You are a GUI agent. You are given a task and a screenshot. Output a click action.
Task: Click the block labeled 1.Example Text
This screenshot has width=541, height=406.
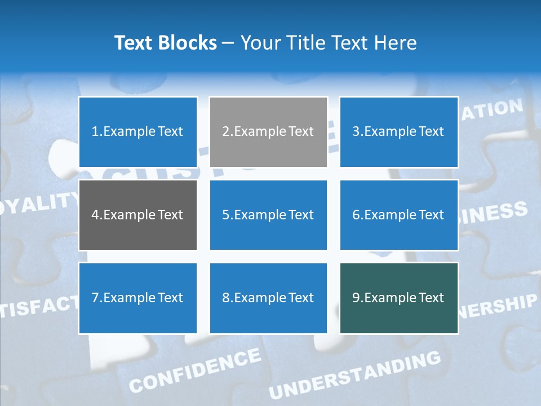[x=138, y=132]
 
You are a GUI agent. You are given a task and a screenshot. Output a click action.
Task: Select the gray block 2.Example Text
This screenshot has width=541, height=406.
[x=268, y=132]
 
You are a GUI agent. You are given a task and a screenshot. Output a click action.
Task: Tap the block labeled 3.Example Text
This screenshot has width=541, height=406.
[x=398, y=132]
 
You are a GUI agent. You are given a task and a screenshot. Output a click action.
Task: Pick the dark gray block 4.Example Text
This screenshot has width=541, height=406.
[x=138, y=215]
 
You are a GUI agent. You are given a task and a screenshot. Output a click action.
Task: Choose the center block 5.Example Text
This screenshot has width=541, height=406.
[x=268, y=215]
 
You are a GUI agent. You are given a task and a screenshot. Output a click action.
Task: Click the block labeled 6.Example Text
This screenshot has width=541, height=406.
[x=398, y=215]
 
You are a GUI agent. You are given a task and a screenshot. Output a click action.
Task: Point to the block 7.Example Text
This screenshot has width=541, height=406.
[x=138, y=298]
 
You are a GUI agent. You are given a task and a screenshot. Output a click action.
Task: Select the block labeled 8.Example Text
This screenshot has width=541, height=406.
[x=268, y=298]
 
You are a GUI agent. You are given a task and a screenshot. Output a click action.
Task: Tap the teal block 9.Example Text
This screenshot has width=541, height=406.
[x=398, y=298]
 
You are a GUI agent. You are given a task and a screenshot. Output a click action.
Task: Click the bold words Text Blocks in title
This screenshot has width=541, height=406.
[x=165, y=43]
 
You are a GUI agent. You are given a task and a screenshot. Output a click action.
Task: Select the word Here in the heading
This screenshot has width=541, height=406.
[x=396, y=43]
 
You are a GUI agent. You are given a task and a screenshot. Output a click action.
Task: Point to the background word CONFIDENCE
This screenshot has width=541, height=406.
[x=195, y=370]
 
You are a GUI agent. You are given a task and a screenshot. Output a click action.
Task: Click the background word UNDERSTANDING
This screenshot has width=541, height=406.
[x=355, y=374]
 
